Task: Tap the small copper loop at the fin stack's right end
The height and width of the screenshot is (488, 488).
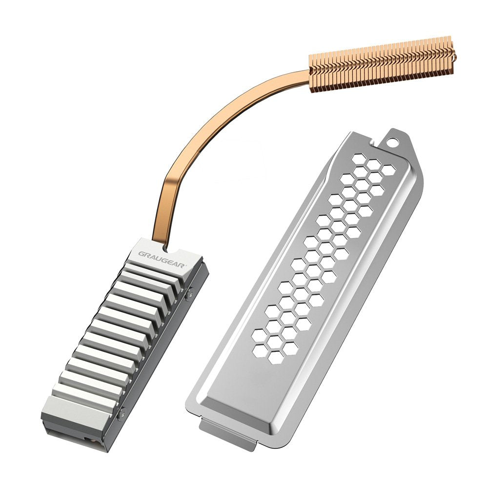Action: (454, 55)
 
